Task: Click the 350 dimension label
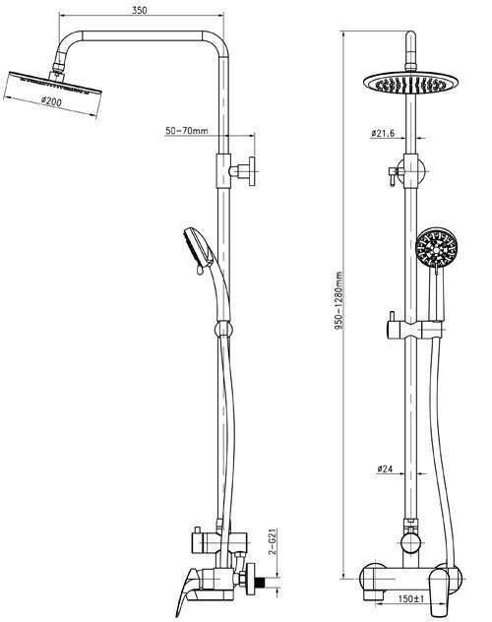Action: tap(139, 10)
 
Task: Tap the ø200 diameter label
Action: tap(51, 101)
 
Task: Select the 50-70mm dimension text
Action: tap(186, 131)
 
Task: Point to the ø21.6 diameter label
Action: tap(383, 133)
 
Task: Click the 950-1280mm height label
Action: tap(338, 301)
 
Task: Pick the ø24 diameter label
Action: tap(385, 468)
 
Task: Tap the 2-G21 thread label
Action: tap(273, 542)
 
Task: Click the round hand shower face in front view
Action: tap(437, 248)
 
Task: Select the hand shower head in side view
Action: tap(198, 249)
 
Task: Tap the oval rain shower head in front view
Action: tap(410, 84)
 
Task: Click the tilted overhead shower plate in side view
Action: tap(55, 83)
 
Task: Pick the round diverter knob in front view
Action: tap(410, 542)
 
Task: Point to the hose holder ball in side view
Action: tap(223, 330)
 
